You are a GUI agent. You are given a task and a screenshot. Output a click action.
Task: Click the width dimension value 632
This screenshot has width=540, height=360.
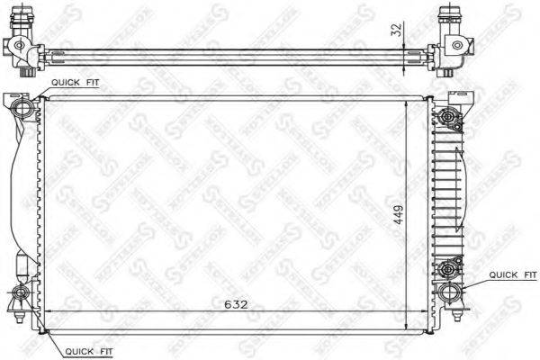click(x=236, y=305)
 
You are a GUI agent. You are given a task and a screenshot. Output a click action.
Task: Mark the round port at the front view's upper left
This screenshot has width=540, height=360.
click(x=24, y=109)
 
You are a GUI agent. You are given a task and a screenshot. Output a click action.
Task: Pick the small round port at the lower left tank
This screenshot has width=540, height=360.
click(x=21, y=293)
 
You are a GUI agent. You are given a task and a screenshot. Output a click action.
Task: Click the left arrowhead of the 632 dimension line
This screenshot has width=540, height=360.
click(x=48, y=313)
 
